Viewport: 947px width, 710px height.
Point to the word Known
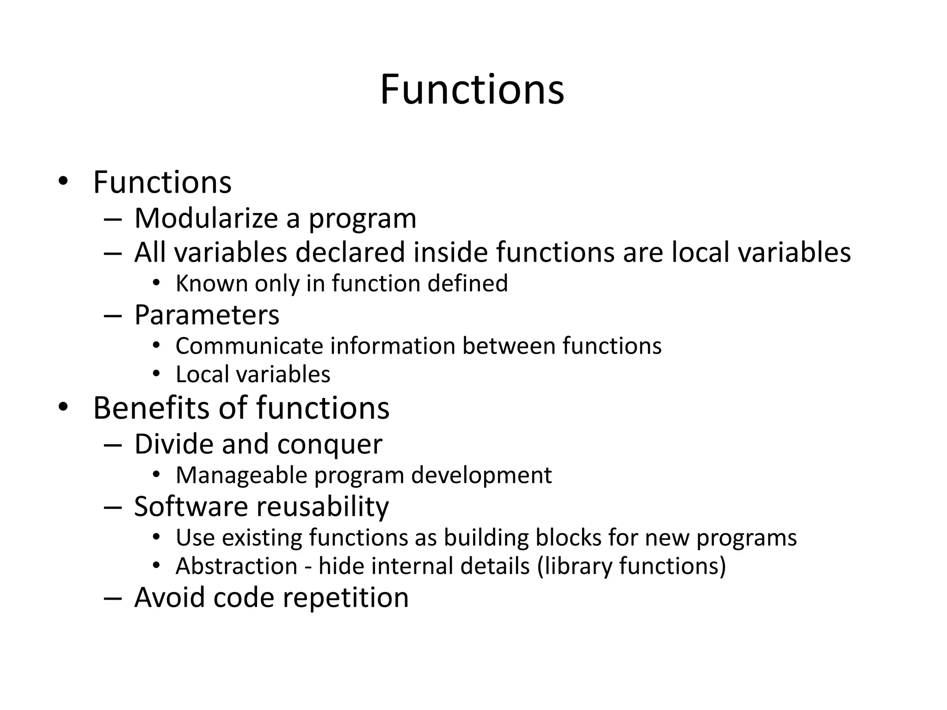click(212, 283)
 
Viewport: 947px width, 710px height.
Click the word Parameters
click(207, 315)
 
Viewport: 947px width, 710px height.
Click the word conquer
click(330, 445)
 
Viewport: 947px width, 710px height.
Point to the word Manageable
click(241, 476)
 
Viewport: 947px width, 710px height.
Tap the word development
click(481, 476)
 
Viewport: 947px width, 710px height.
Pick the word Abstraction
click(236, 566)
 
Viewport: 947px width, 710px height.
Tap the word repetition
click(345, 598)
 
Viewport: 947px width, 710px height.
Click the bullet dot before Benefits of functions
click(63, 407)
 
